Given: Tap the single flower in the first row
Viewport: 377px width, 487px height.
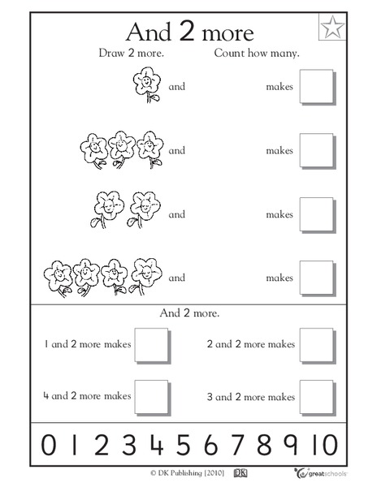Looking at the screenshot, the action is [143, 85].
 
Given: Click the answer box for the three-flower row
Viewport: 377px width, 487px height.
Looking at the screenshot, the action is [317, 150].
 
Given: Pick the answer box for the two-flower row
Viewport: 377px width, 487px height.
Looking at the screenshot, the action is [317, 213].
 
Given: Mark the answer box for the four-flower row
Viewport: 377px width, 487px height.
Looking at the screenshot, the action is [317, 277].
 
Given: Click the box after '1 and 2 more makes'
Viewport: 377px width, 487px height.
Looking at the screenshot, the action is [151, 345].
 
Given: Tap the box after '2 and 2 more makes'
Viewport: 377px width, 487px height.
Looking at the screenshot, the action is [317, 345].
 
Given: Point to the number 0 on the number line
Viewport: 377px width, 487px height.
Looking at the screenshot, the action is [49, 446].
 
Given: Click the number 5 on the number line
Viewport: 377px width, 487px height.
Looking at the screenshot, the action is [184, 446].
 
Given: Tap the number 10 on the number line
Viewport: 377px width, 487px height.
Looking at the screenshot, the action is [323, 446].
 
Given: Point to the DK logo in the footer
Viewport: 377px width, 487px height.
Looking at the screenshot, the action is [240, 472].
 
